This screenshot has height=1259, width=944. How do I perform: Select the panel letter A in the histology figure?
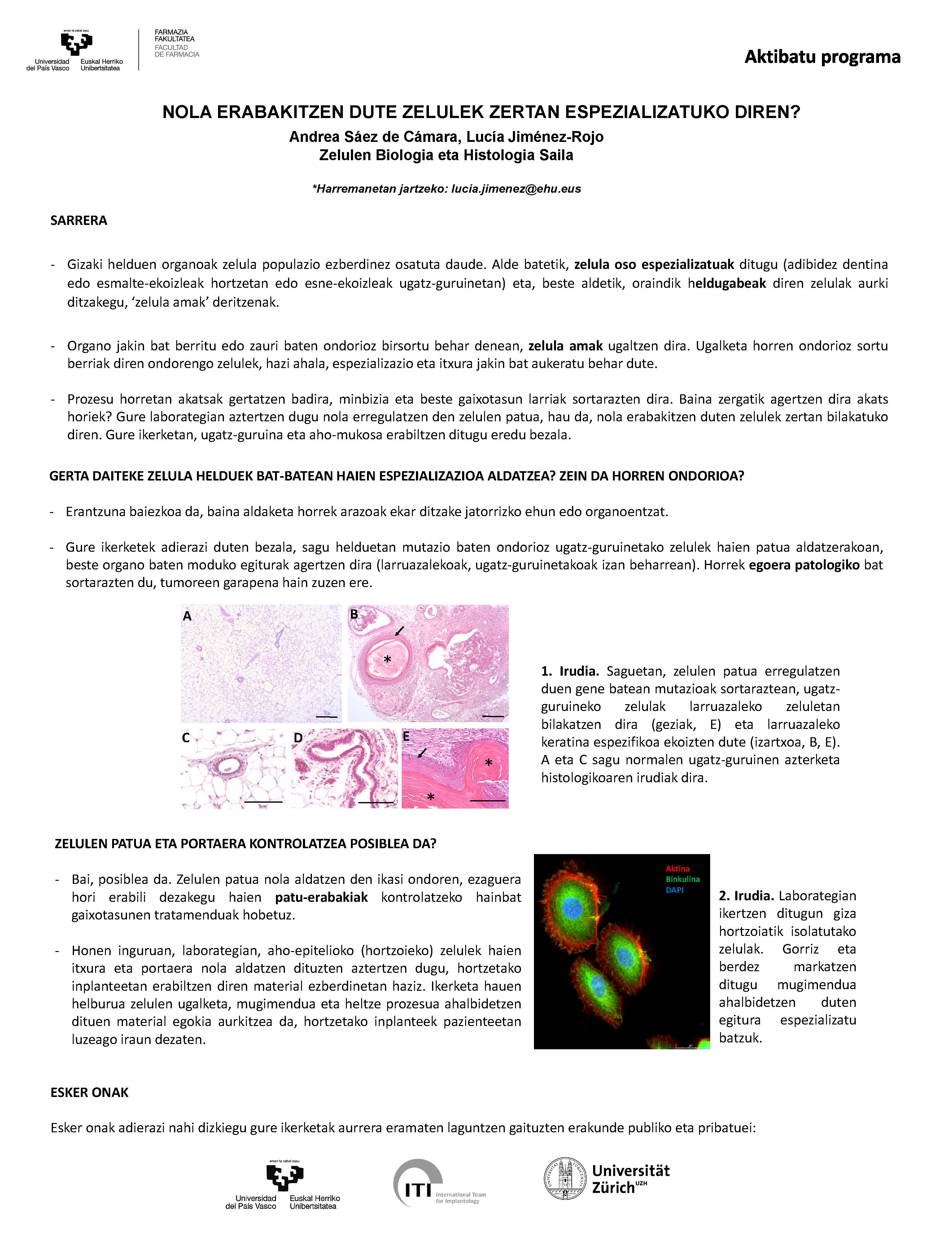[x=187, y=616]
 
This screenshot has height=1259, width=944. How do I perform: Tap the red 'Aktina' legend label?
[x=677, y=869]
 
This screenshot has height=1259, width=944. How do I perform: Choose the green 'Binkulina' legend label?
[x=682, y=880]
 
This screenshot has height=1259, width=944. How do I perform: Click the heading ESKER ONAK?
[x=89, y=1092]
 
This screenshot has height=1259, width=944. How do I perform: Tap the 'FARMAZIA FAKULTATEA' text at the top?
[x=175, y=36]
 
